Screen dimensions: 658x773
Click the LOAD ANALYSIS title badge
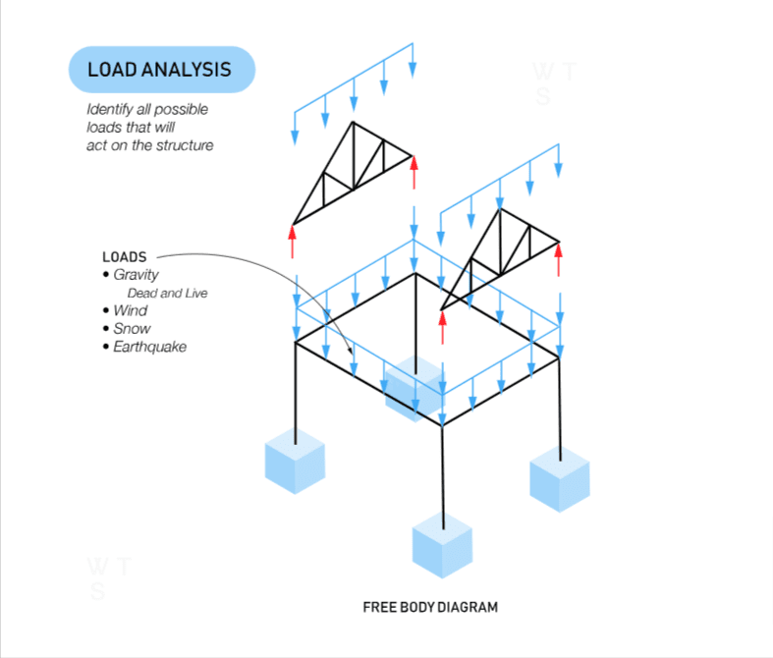point(160,70)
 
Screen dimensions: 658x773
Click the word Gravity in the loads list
point(136,275)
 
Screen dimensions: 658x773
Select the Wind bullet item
point(130,310)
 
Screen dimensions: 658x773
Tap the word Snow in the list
point(132,329)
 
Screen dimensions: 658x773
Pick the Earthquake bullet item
point(149,347)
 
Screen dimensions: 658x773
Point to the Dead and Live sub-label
point(167,293)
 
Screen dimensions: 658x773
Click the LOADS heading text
point(125,257)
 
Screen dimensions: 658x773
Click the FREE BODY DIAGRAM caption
point(430,607)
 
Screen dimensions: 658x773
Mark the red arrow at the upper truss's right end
point(414,173)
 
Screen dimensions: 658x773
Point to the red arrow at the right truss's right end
point(559,259)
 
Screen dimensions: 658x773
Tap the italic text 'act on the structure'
point(148,144)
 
